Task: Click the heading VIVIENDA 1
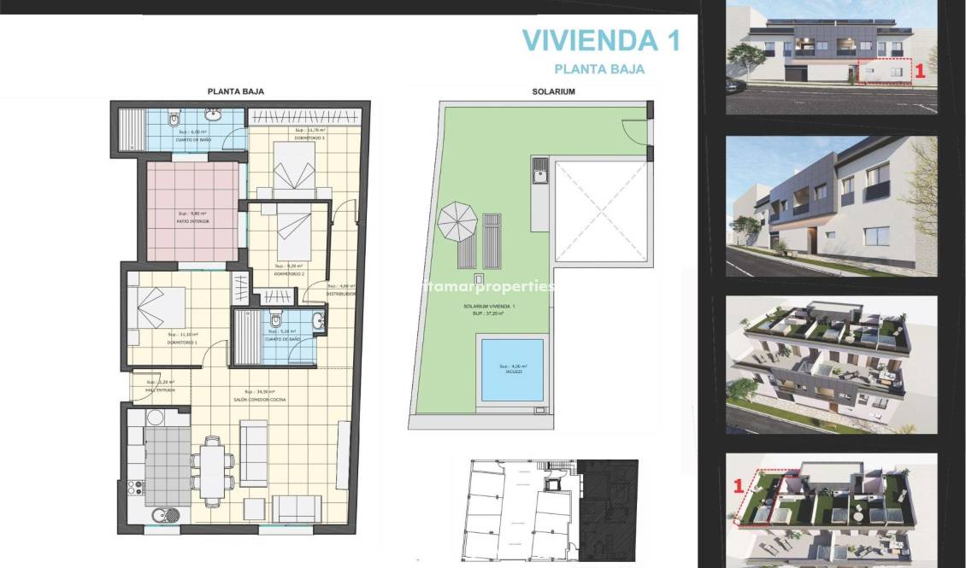[600, 40]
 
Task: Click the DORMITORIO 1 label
[183, 343]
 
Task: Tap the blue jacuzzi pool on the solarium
[512, 370]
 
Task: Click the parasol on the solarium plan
[457, 221]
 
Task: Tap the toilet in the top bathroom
[174, 118]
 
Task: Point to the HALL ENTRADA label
[160, 389]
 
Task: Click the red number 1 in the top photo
[920, 72]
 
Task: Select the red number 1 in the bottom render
[736, 487]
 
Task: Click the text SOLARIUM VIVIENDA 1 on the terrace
[512, 306]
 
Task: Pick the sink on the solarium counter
[539, 177]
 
